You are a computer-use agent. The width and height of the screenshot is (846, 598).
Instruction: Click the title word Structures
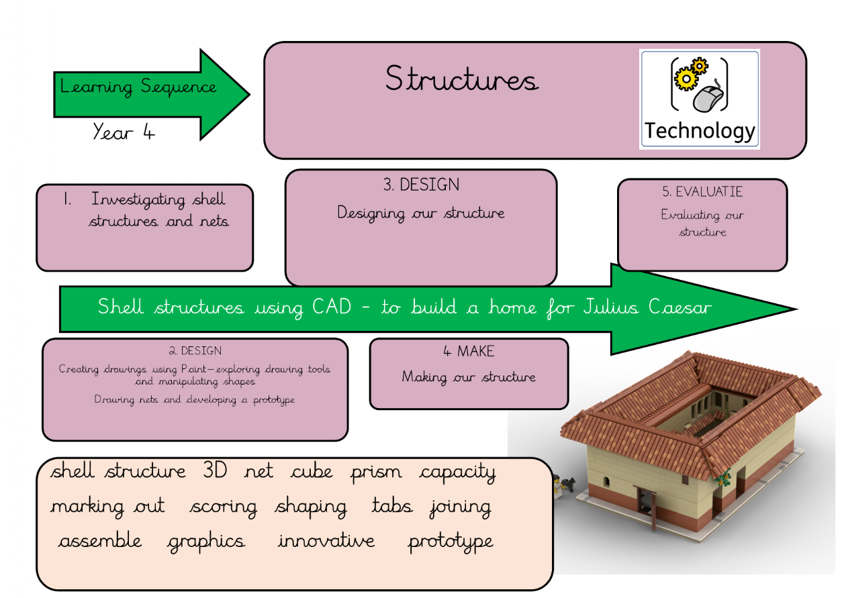click(461, 80)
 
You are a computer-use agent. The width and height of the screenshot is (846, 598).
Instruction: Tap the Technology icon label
click(700, 131)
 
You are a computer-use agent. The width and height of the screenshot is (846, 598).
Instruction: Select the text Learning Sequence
click(138, 87)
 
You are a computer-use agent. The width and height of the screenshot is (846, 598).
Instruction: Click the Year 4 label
click(124, 132)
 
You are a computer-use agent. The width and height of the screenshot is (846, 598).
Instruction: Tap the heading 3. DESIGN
click(421, 185)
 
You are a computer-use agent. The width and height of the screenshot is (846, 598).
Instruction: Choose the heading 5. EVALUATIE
click(702, 192)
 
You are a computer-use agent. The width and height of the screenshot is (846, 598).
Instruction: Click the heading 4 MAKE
click(469, 351)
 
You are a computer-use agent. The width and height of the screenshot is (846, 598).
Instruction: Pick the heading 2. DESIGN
click(195, 351)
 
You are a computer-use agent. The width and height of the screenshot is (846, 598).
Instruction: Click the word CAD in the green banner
click(332, 307)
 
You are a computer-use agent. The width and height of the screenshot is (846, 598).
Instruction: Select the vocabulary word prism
click(376, 472)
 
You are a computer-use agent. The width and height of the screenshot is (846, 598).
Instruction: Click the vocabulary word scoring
click(224, 507)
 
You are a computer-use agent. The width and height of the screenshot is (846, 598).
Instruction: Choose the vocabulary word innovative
click(326, 541)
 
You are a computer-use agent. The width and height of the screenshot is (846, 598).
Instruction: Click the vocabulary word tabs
click(392, 506)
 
